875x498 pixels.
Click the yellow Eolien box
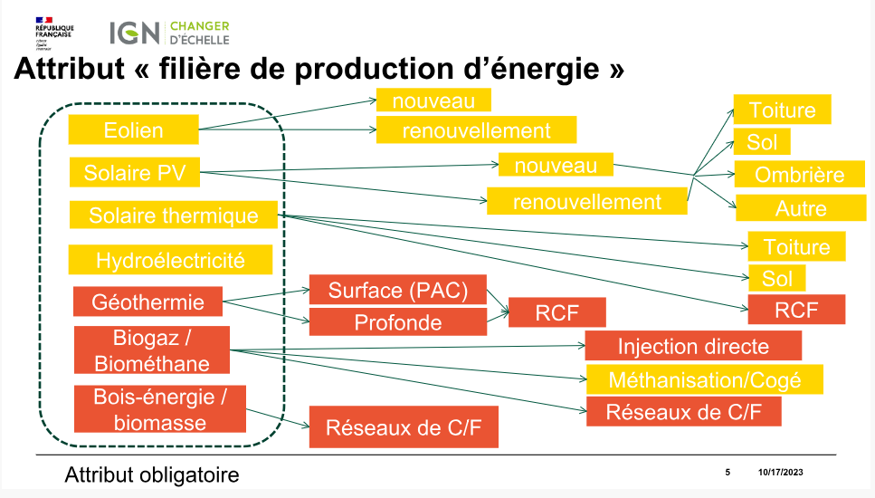[133, 129]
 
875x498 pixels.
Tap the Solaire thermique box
[173, 215]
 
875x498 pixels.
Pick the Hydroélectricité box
[170, 261]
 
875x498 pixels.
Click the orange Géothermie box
[147, 302]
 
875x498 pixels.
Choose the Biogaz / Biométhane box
[151, 351]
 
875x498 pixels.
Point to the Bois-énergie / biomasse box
[158, 409]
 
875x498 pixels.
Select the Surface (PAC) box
[398, 291]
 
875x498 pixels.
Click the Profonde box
[398, 322]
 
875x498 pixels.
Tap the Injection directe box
[693, 346]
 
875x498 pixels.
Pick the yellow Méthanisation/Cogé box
[705, 379]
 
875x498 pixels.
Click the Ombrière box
[799, 175]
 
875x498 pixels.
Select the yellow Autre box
[801, 208]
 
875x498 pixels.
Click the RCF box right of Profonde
[556, 312]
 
